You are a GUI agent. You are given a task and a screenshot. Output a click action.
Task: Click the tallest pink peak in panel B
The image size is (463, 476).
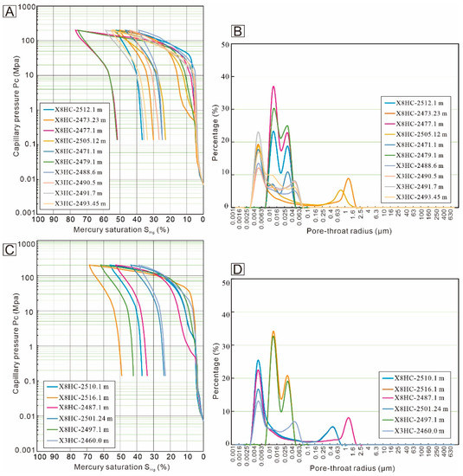pos(273,87)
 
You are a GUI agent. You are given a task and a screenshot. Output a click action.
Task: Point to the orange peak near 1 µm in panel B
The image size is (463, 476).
pos(348,179)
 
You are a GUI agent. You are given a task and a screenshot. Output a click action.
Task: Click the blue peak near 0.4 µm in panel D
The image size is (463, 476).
pos(333,427)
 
